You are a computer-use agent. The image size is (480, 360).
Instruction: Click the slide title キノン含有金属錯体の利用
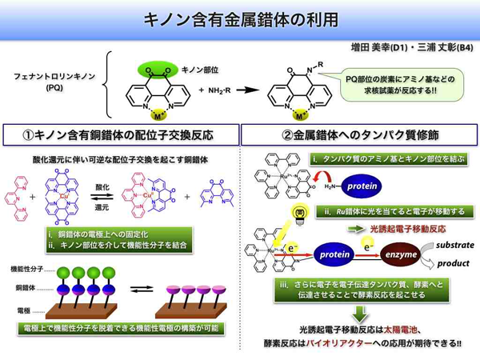tap(240, 18)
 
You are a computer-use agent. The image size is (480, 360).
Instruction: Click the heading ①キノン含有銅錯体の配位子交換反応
tap(121, 134)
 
